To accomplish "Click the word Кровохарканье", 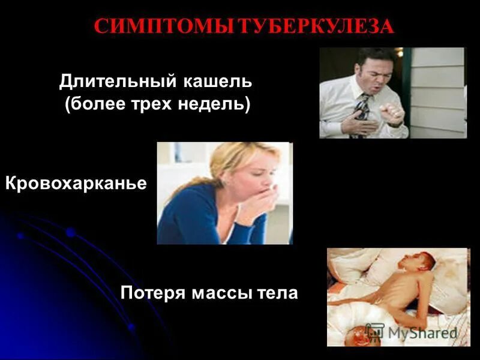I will tap(76, 184).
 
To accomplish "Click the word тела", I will tap(278, 293).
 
